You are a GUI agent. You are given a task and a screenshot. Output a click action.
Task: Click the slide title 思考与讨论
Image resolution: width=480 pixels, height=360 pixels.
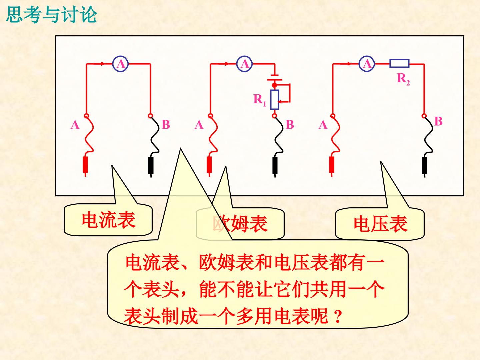[x=52, y=15]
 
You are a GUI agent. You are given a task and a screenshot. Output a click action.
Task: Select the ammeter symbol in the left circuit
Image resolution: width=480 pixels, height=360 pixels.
[x=120, y=64]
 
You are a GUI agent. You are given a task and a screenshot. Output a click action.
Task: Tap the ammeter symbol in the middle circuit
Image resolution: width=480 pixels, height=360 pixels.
[x=244, y=64]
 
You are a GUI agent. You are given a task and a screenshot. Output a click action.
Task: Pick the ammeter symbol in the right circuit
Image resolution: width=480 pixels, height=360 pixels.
[x=367, y=64]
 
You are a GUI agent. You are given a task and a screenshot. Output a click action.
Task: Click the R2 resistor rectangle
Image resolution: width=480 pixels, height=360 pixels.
[x=399, y=63]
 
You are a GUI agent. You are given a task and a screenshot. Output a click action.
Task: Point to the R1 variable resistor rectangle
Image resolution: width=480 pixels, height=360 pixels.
[x=274, y=99]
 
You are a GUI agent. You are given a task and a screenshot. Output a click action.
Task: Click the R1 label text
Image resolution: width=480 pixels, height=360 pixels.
[x=260, y=100]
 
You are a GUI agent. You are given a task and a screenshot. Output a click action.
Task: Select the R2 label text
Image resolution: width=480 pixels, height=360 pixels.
[x=403, y=79]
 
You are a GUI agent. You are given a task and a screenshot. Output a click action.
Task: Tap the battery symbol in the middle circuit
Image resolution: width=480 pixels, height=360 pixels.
[x=275, y=77]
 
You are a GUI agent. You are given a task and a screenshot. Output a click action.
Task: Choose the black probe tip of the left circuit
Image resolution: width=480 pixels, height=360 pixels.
[x=151, y=166]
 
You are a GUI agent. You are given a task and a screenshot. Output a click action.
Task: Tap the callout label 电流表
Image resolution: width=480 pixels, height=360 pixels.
[x=109, y=220]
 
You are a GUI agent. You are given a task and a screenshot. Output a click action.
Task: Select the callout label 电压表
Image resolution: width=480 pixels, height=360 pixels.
[x=381, y=223]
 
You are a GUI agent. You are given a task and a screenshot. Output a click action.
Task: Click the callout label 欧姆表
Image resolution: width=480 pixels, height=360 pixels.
[x=240, y=223]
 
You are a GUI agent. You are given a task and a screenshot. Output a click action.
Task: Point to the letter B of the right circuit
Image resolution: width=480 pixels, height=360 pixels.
[x=438, y=121]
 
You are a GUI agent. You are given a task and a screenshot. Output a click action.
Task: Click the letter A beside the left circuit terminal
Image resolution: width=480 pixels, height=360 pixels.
[x=75, y=125]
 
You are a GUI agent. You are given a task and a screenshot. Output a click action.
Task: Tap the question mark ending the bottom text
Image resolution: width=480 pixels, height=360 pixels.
[x=338, y=316]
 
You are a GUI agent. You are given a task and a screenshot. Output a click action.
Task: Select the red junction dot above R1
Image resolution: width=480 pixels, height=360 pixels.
[x=274, y=85]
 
